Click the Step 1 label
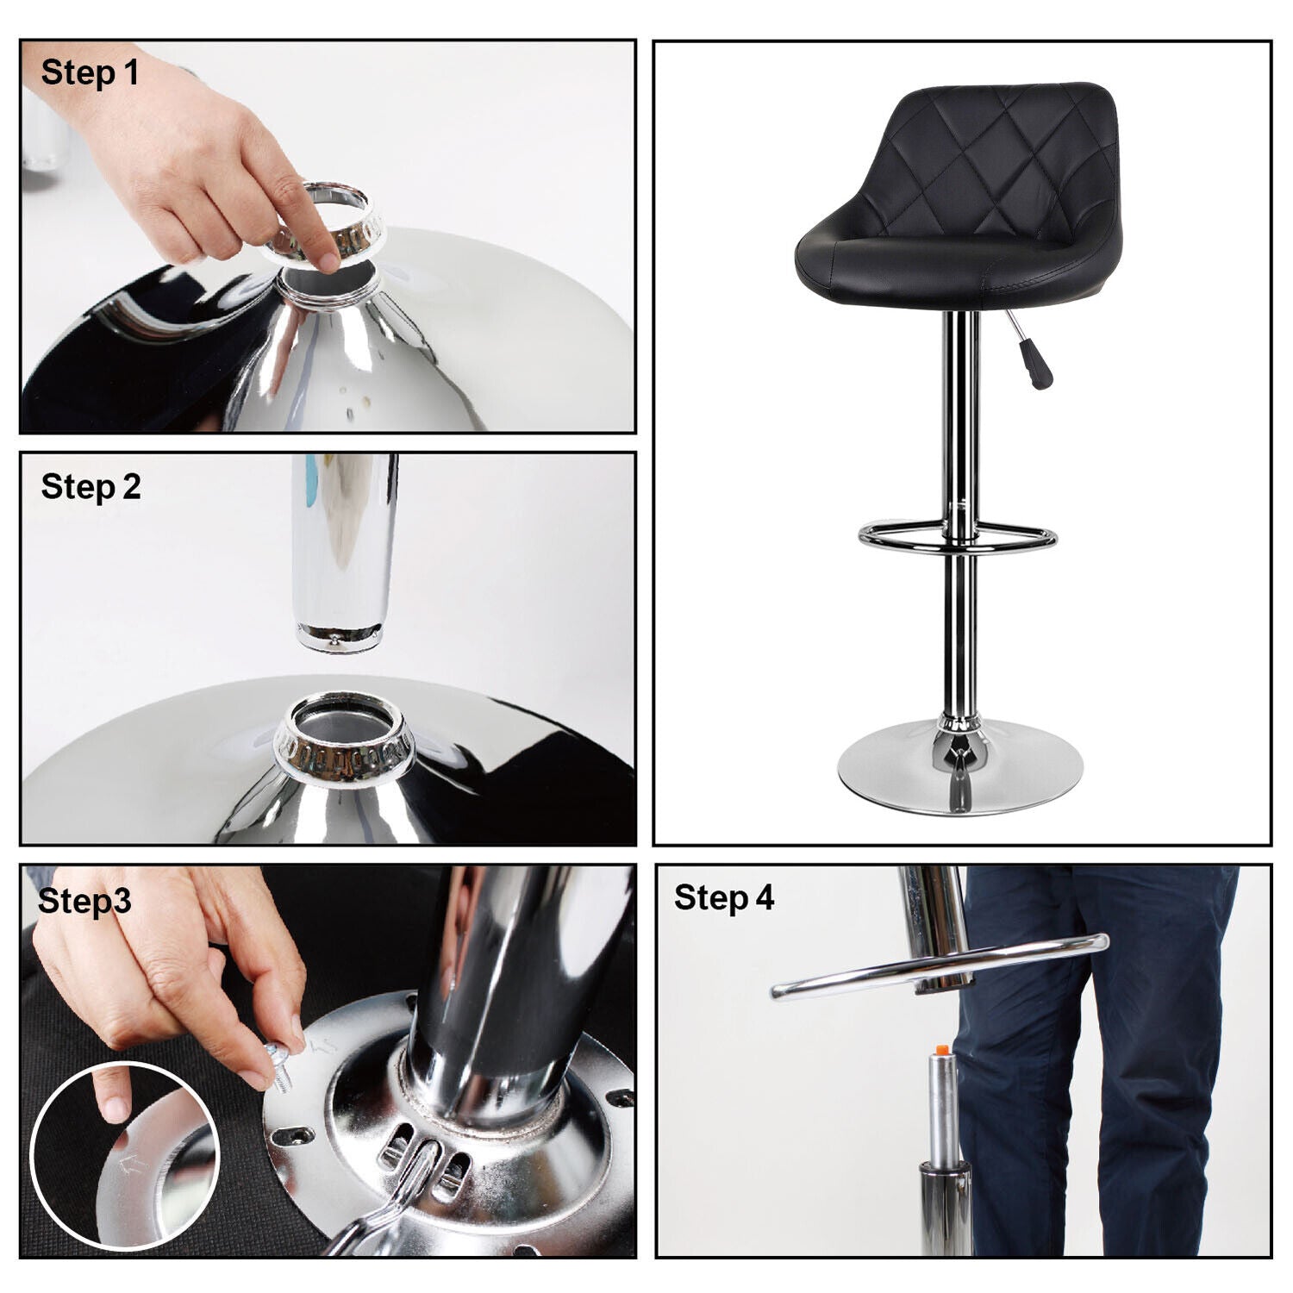(90, 72)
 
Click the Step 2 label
(91, 487)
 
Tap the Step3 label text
(84, 901)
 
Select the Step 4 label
(724, 897)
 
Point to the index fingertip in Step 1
(326, 261)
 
